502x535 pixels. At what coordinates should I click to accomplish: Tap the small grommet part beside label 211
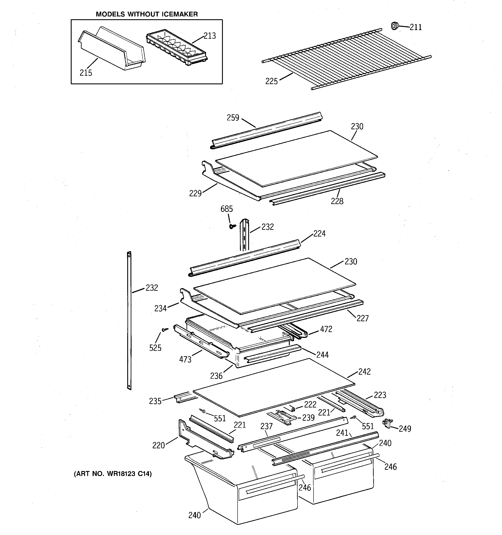tap(394, 26)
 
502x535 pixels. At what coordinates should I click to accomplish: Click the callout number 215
tap(86, 73)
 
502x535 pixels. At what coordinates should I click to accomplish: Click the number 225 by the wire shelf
tap(271, 81)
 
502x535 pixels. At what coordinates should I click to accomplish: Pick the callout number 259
tap(233, 118)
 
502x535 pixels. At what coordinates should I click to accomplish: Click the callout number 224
tap(319, 234)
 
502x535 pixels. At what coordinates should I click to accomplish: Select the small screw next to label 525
tap(164, 329)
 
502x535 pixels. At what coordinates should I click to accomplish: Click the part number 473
tap(185, 359)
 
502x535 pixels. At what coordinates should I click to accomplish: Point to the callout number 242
tap(364, 372)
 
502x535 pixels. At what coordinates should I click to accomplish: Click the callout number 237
tap(266, 426)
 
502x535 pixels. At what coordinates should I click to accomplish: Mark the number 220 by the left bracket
tap(158, 445)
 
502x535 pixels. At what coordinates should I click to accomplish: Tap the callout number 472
tap(326, 329)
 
